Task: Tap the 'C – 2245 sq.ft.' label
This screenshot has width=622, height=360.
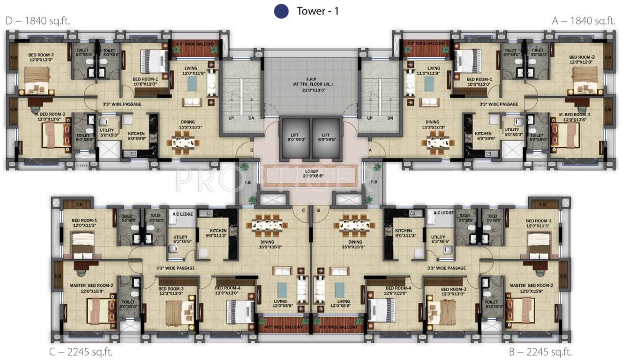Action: tap(82, 352)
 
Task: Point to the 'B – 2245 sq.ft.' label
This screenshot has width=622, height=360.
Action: tap(540, 352)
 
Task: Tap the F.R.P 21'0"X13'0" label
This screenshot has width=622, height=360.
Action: tap(311, 85)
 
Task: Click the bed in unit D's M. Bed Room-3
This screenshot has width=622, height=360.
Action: tap(53, 135)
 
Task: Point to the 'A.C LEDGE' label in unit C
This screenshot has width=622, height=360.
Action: tap(183, 213)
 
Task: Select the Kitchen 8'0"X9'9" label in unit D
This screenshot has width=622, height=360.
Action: tap(136, 136)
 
